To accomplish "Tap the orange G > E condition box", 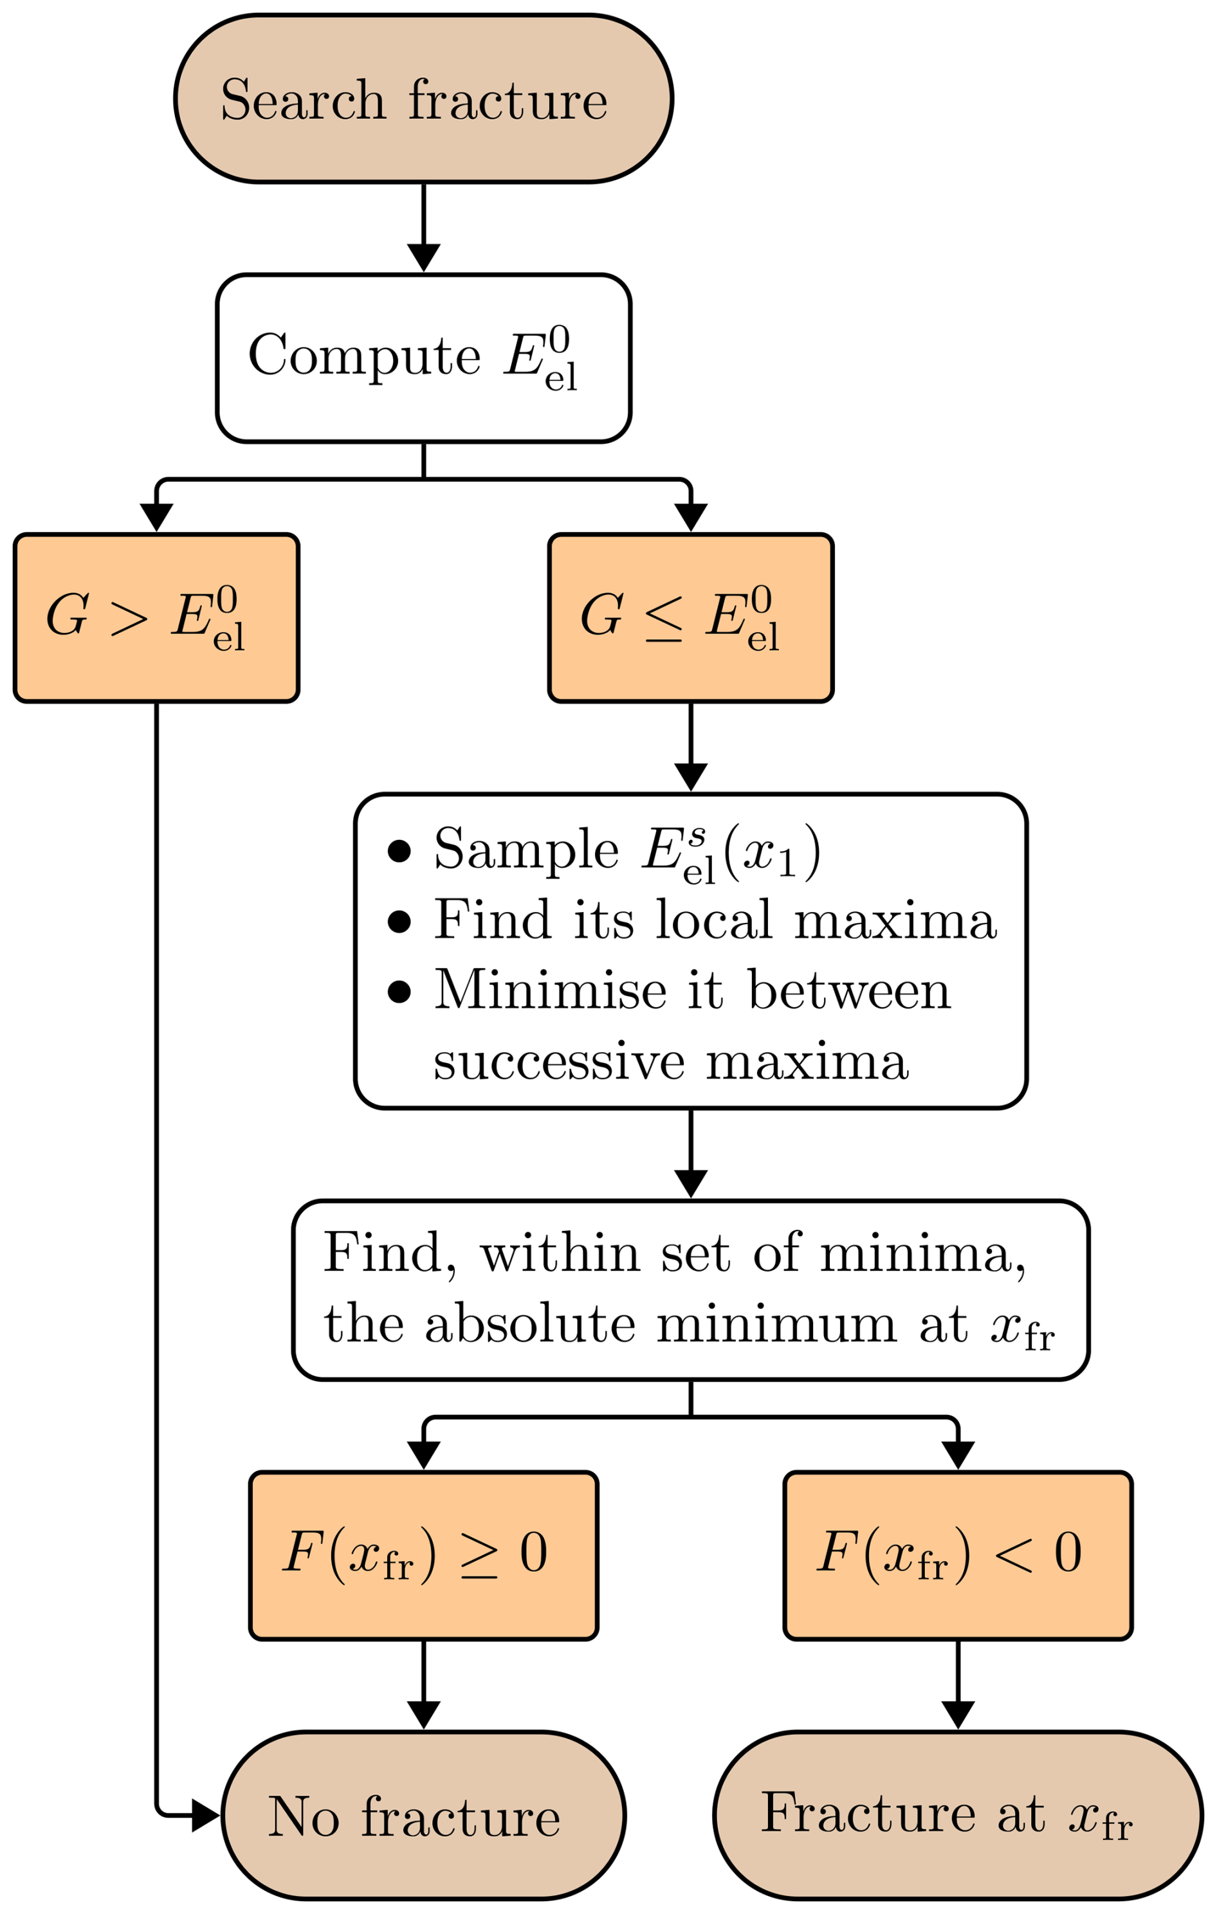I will pos(156,617).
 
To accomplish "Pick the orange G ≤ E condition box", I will pos(690,617).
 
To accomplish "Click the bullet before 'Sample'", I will pos(399,850).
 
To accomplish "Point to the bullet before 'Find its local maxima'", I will pos(399,921).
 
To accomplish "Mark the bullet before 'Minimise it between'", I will pos(399,992).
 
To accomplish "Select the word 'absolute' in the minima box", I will pos(529,1324).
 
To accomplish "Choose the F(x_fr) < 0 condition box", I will pos(957,1556).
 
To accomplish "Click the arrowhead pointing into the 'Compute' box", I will pos(424,257).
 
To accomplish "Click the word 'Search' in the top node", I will pos(303,100).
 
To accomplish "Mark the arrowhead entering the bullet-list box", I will pos(691,776).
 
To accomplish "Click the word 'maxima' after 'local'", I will pos(894,921).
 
